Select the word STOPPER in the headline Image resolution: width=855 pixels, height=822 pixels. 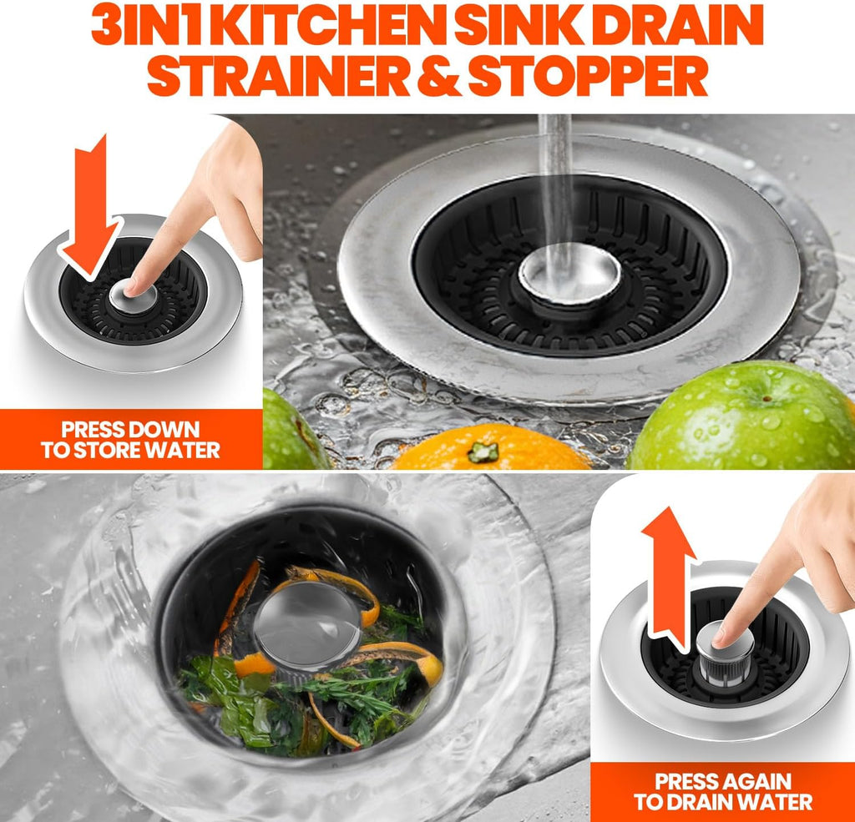[588, 77]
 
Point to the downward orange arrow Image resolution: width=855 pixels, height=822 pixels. [94, 209]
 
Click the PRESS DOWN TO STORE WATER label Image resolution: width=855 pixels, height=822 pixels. [131, 440]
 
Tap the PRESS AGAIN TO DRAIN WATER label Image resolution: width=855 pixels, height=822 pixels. [722, 791]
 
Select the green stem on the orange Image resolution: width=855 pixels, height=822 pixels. [483, 452]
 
